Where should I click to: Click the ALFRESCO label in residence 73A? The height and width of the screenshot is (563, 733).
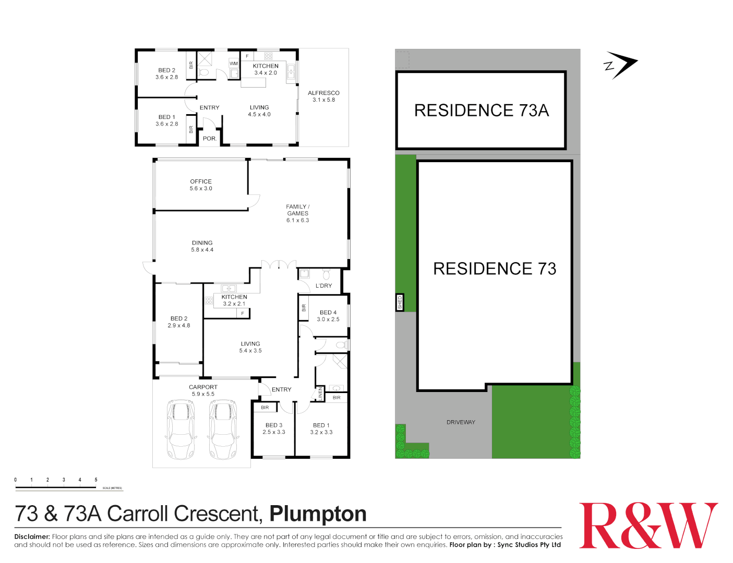323,96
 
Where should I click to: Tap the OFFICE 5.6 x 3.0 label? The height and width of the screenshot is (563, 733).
201,185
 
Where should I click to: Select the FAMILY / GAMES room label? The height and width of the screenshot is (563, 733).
297,213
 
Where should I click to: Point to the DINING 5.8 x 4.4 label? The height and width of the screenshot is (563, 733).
202,246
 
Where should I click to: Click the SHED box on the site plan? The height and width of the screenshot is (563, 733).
400,302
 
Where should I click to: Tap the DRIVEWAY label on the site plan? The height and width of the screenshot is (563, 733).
461,422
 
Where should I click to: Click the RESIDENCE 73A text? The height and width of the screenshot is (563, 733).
481,111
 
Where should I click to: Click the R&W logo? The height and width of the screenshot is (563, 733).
648,525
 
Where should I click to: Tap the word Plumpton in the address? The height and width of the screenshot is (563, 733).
318,514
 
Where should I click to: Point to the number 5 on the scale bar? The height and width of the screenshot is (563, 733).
96,480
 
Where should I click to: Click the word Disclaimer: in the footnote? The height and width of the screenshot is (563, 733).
32,536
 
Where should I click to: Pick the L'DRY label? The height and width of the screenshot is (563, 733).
323,286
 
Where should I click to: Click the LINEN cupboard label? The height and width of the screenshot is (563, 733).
320,394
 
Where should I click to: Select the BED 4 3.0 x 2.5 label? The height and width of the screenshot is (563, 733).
328,316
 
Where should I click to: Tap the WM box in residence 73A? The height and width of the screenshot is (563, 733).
234,64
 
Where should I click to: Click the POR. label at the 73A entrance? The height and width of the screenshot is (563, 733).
209,139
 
